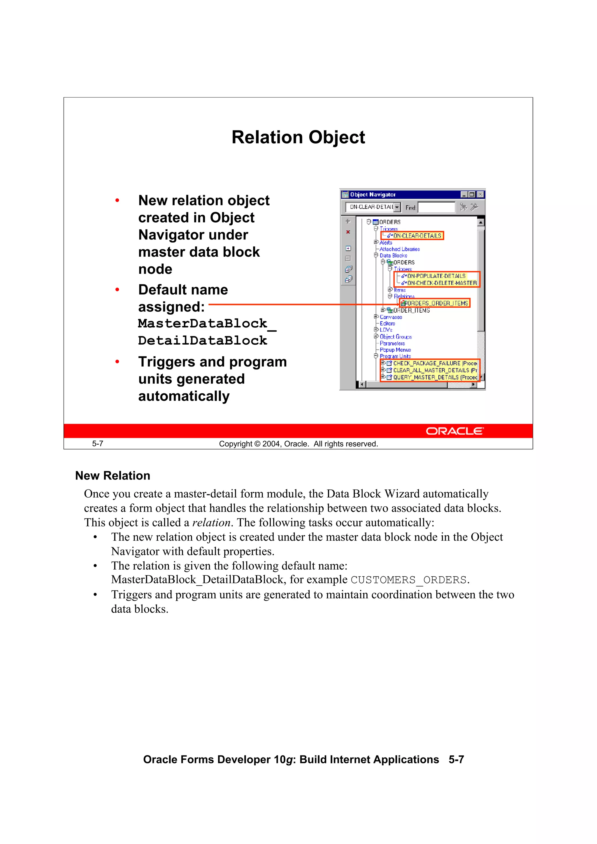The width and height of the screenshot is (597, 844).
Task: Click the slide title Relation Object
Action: [x=298, y=138]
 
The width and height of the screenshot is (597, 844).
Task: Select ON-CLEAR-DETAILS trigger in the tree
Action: [x=417, y=236]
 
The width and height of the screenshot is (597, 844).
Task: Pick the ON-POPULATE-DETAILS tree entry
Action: [x=436, y=276]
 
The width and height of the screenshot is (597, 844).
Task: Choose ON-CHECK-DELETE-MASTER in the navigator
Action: [x=441, y=283]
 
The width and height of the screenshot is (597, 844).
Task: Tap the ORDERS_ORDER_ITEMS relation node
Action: [x=436, y=303]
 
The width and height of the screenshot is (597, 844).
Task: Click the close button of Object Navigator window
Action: [x=480, y=194]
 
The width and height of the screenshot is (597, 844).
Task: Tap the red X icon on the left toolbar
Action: [x=347, y=232]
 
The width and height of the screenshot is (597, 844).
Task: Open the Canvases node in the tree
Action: [x=391, y=317]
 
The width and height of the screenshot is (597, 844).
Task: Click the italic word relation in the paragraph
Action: [x=211, y=522]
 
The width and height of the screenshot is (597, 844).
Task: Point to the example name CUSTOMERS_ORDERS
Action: [x=408, y=580]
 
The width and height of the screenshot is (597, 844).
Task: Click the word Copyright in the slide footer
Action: [x=236, y=444]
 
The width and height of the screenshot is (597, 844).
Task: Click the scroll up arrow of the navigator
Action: [x=480, y=222]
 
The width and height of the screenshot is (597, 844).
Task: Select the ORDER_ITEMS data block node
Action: [x=411, y=310]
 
